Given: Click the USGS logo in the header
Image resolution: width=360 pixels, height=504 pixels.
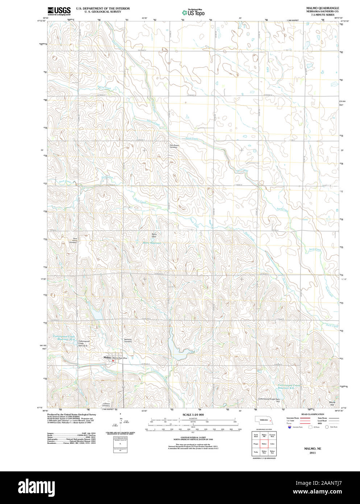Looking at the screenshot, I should click(59, 11).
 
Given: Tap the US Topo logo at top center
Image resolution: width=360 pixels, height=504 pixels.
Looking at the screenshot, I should click(193, 12).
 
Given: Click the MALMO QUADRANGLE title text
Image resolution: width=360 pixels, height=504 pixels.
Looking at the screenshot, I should click(317, 8).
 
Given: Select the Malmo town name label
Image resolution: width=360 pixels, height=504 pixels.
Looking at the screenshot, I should click(107, 358).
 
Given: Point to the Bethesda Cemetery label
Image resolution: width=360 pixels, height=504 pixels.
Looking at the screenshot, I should click(128, 340).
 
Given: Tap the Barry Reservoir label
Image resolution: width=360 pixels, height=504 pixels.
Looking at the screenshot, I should click(152, 243).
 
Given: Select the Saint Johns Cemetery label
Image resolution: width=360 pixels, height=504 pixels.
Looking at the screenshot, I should click(73, 240).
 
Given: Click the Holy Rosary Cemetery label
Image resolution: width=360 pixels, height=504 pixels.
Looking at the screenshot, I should click(174, 146).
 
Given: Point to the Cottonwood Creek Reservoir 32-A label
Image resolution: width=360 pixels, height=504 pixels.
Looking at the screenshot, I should click(64, 338).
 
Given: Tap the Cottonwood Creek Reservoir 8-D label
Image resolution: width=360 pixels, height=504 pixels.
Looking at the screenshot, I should click(289, 387).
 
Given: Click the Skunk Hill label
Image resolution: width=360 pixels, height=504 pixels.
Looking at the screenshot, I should click(332, 403).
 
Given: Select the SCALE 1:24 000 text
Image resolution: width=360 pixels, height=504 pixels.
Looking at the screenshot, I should click(193, 414).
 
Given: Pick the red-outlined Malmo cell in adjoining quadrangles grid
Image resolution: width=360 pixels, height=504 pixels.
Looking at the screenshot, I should click(264, 443).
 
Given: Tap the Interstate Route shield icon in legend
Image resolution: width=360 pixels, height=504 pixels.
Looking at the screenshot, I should click(289, 427).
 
